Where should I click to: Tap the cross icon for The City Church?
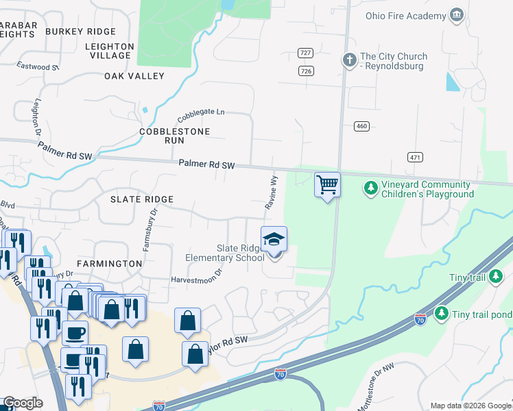(x=349, y=60)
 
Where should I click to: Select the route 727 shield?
(x=306, y=53)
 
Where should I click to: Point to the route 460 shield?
(x=361, y=126)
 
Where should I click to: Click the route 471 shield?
(x=414, y=157)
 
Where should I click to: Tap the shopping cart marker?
(x=327, y=184)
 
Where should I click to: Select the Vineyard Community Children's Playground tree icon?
(x=370, y=187)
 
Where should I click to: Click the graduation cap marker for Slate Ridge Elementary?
(x=274, y=240)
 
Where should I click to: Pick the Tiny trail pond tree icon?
(x=442, y=313)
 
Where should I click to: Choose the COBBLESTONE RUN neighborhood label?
(x=162, y=135)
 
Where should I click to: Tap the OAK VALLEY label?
(x=134, y=76)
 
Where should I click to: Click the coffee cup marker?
(x=75, y=333)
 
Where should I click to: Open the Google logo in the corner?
(x=22, y=403)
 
